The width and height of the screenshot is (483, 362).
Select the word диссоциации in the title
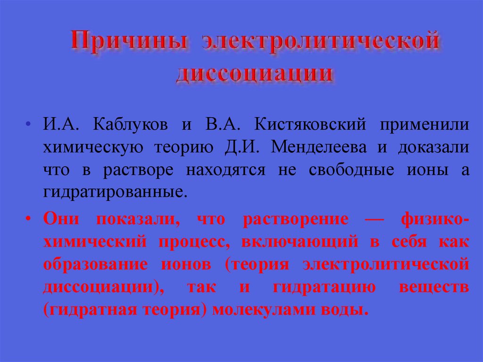pyautogui.click(x=255, y=74)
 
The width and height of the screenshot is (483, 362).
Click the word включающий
pyautogui.click(x=301, y=242)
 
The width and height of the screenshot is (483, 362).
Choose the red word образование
pyautogui.click(x=97, y=264)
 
